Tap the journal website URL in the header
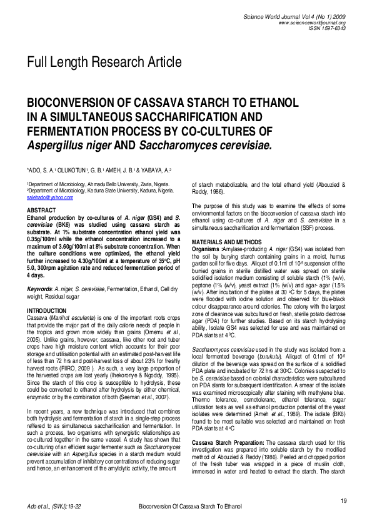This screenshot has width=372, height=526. (x=312, y=22)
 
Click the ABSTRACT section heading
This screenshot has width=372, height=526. (x=41, y=210)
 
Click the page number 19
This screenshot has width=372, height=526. (x=343, y=502)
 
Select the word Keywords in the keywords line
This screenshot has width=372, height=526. (x=39, y=289)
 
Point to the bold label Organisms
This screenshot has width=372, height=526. (x=206, y=248)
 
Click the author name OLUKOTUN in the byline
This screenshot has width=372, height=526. (x=66, y=170)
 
